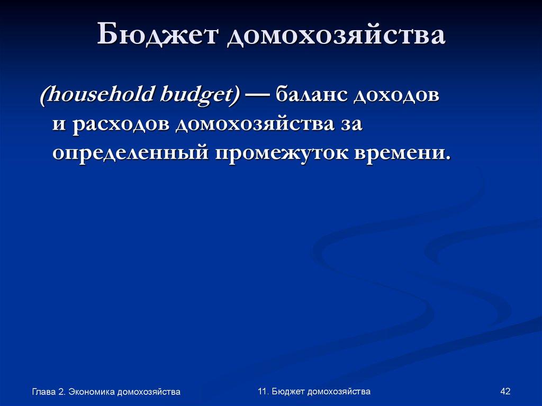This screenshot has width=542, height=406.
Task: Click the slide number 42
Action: [x=505, y=391]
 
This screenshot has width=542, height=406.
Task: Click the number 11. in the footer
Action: [x=264, y=391]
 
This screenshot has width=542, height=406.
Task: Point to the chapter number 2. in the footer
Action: [x=62, y=392]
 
